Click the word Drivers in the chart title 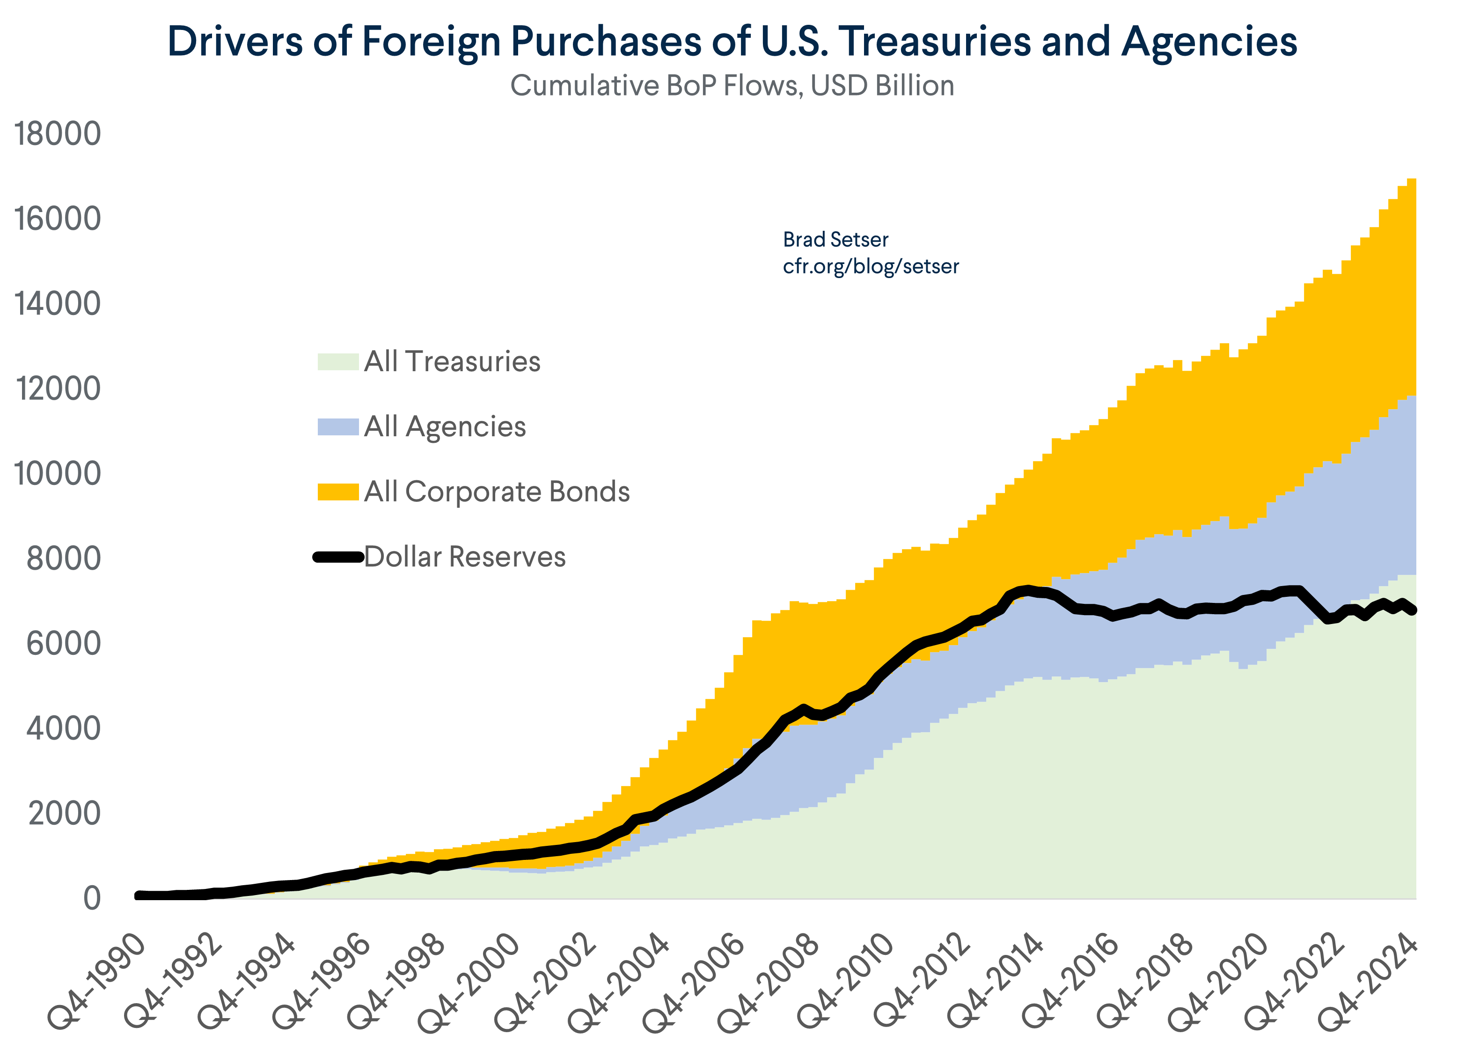[235, 43]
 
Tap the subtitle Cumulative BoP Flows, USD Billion [732, 86]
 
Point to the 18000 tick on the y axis [58, 134]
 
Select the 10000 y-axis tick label [58, 474]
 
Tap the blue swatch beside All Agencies [338, 427]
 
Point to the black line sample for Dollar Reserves [338, 558]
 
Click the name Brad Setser [835, 240]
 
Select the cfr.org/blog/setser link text [870, 266]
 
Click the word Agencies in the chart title [1209, 43]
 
